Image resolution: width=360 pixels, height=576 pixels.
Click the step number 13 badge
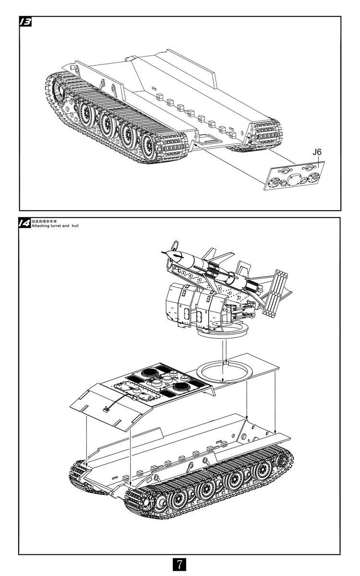pyautogui.click(x=25, y=22)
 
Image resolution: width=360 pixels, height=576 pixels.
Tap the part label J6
pyautogui.click(x=317, y=152)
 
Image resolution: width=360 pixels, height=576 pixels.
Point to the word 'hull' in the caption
pyautogui.click(x=74, y=225)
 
